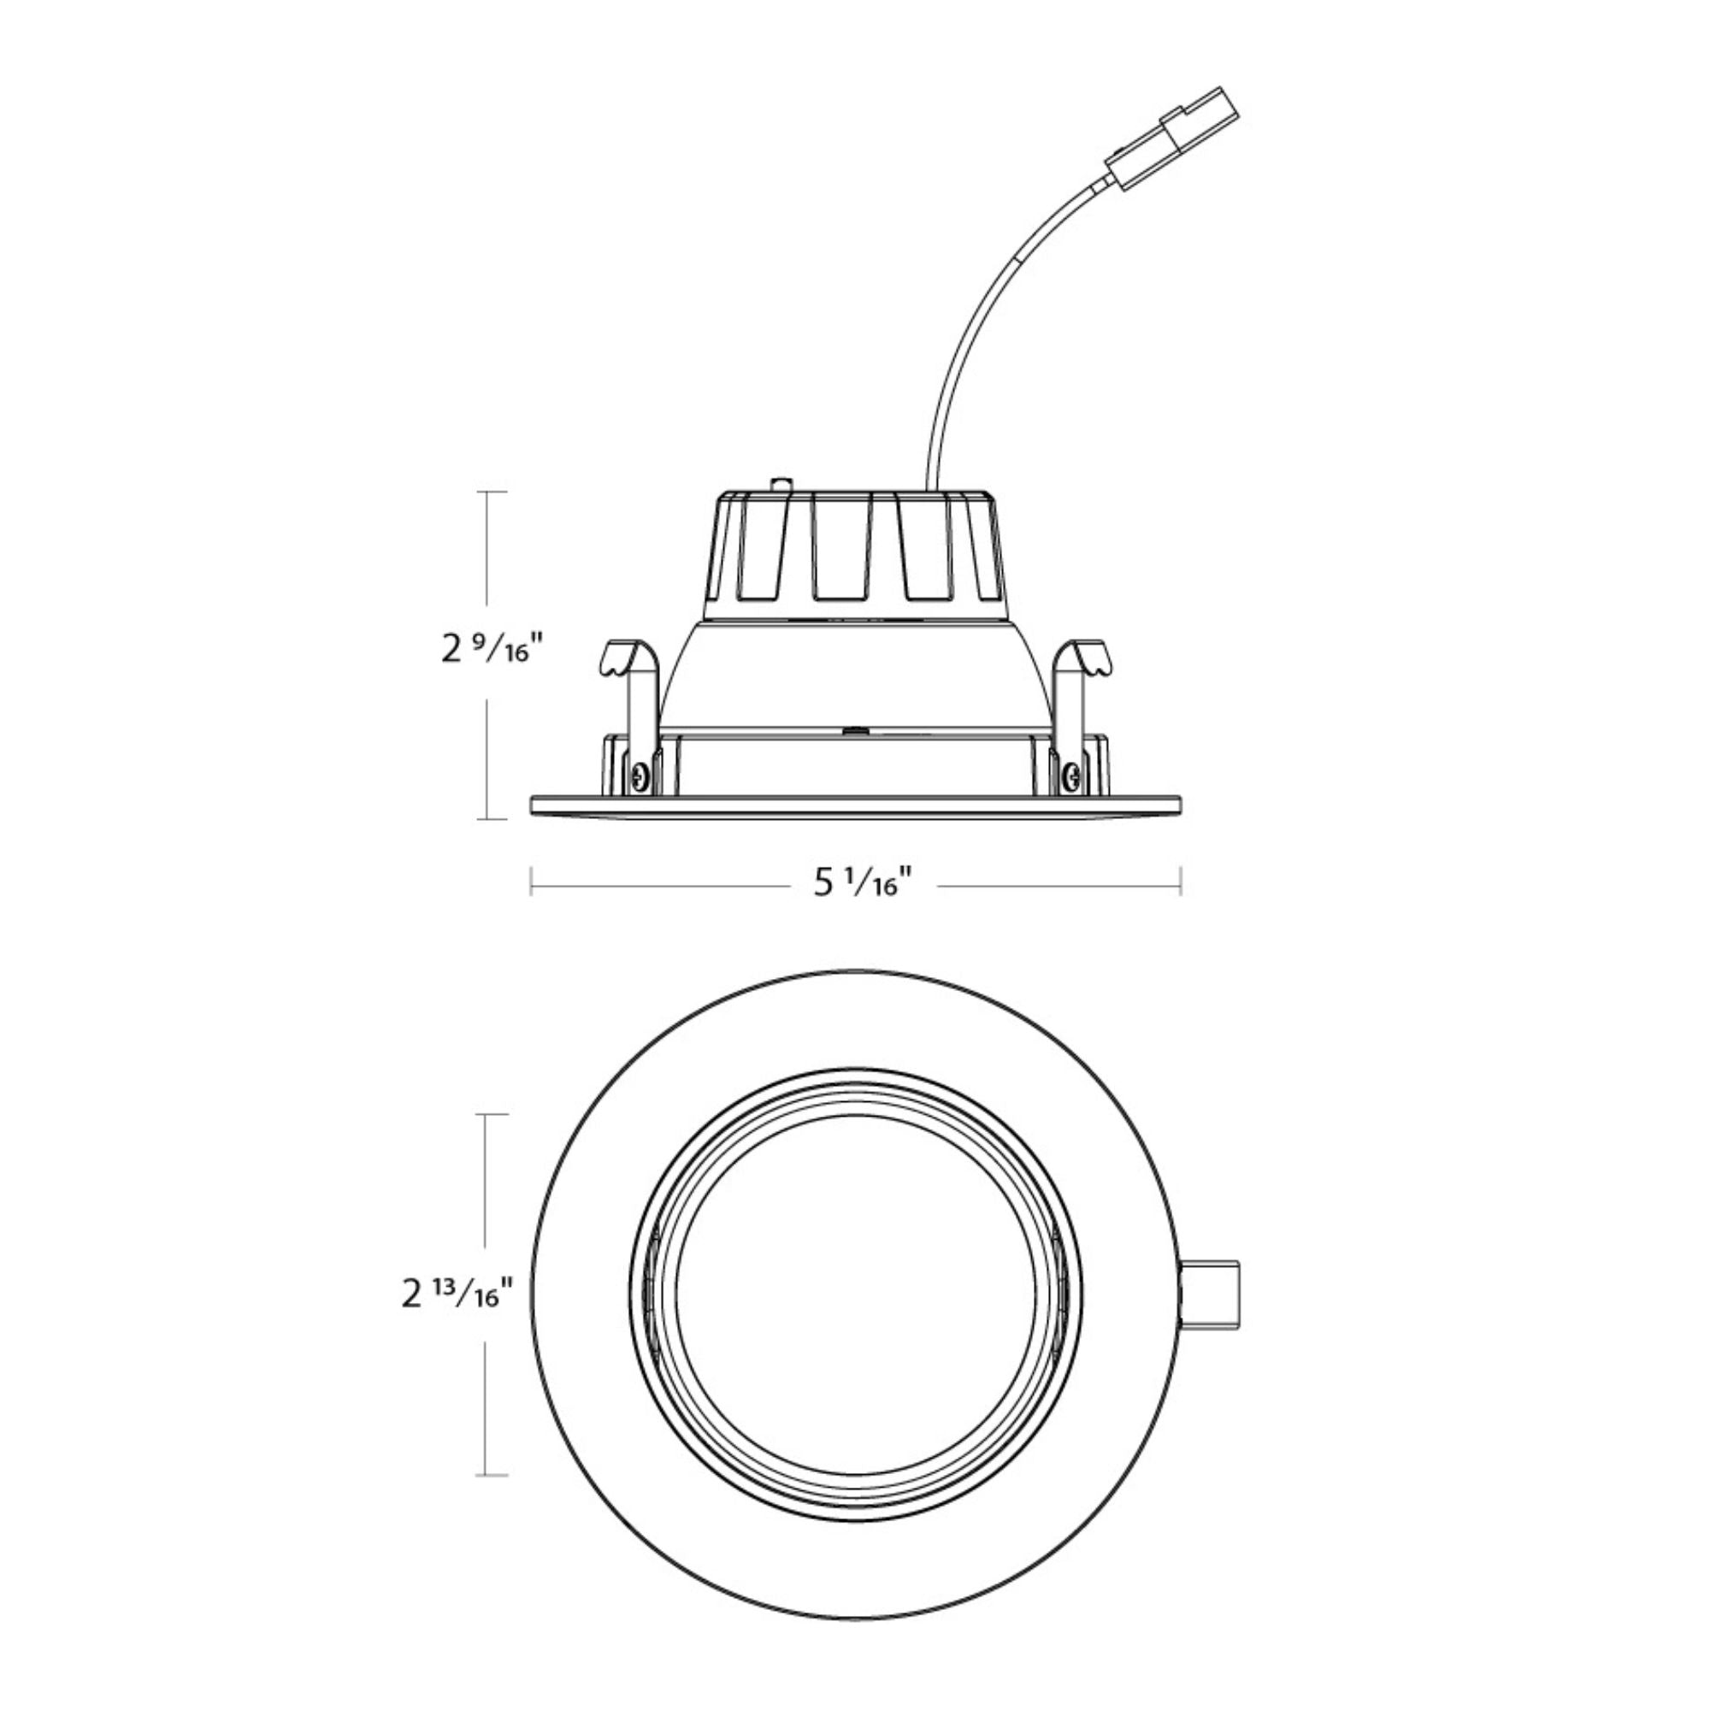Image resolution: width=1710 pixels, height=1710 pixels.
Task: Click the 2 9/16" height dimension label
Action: coord(489,651)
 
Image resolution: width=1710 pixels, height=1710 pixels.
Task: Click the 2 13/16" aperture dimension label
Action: coord(457,1296)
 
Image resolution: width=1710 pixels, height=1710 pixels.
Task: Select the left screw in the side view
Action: coord(640,777)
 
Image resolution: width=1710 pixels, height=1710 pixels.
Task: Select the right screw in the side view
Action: coord(1072,777)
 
